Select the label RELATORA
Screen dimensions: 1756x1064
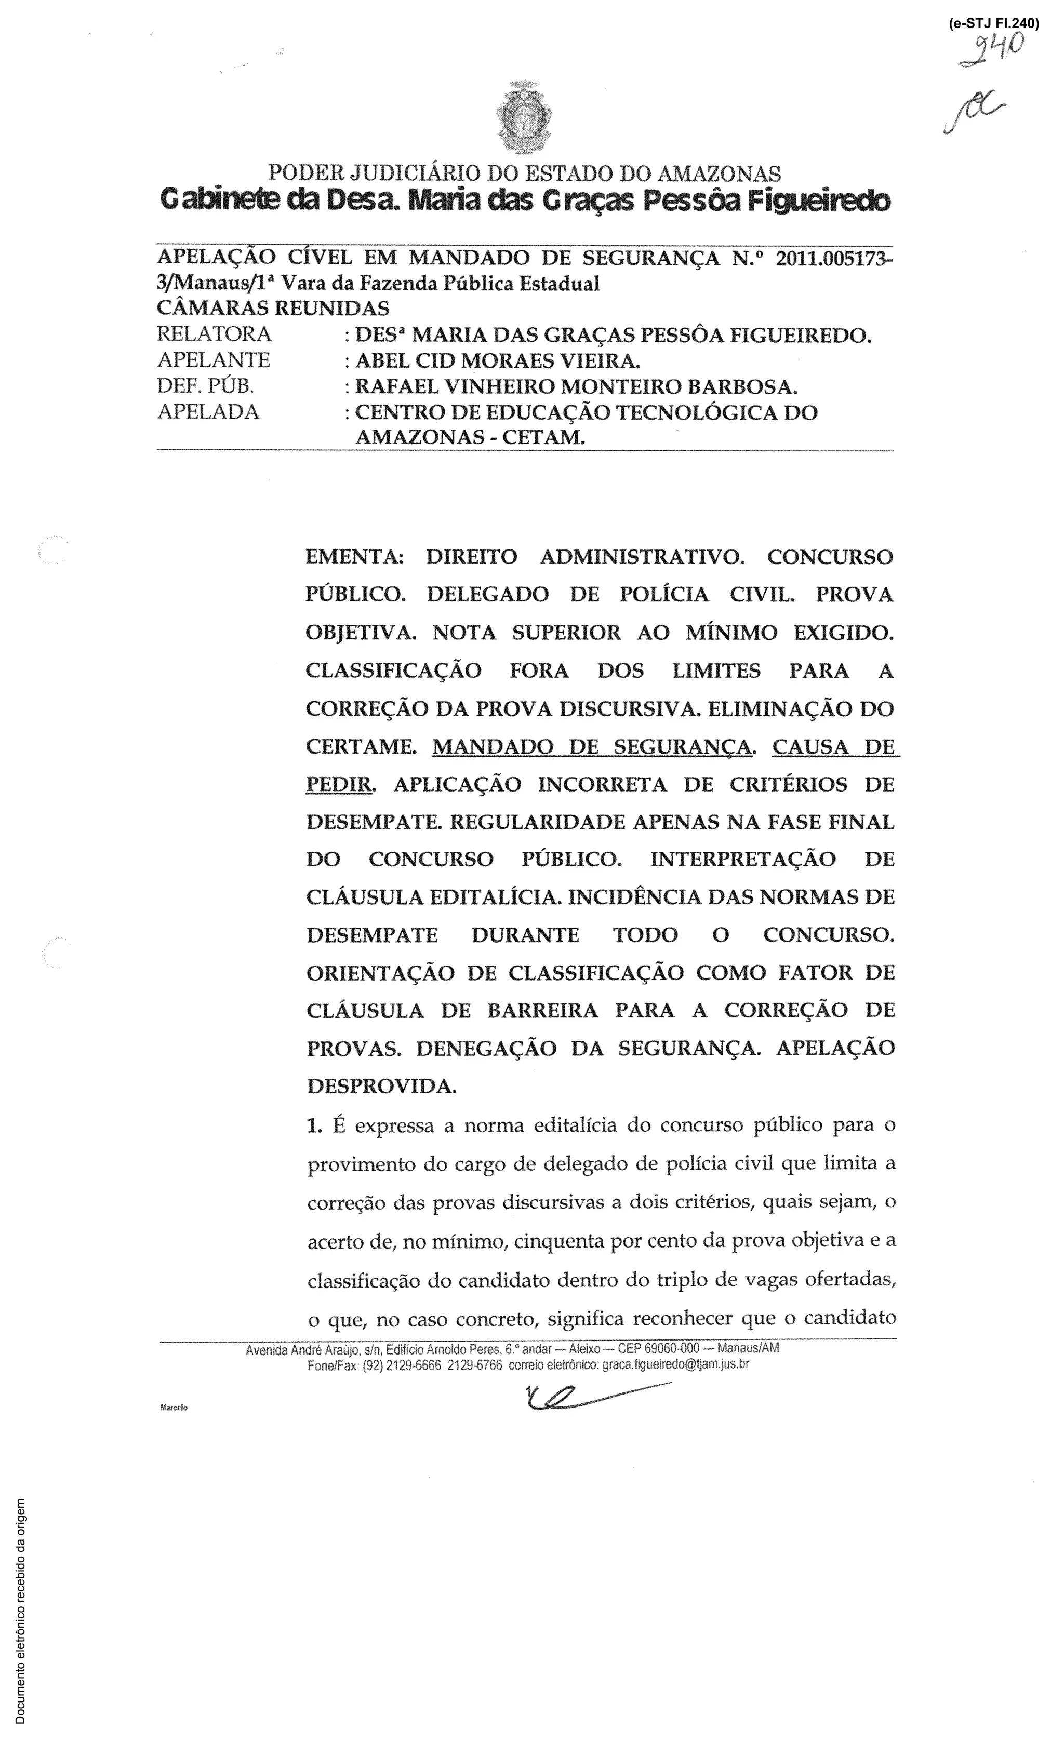pos(215,334)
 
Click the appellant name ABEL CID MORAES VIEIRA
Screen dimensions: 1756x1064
pos(497,360)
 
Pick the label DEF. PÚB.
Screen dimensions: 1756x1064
pos(206,386)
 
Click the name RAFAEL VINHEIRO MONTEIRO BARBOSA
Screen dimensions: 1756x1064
pos(576,387)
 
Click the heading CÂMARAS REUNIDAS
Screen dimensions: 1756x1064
pos(273,309)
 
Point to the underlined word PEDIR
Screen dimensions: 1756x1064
pos(339,785)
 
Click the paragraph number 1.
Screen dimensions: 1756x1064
pos(314,1126)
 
